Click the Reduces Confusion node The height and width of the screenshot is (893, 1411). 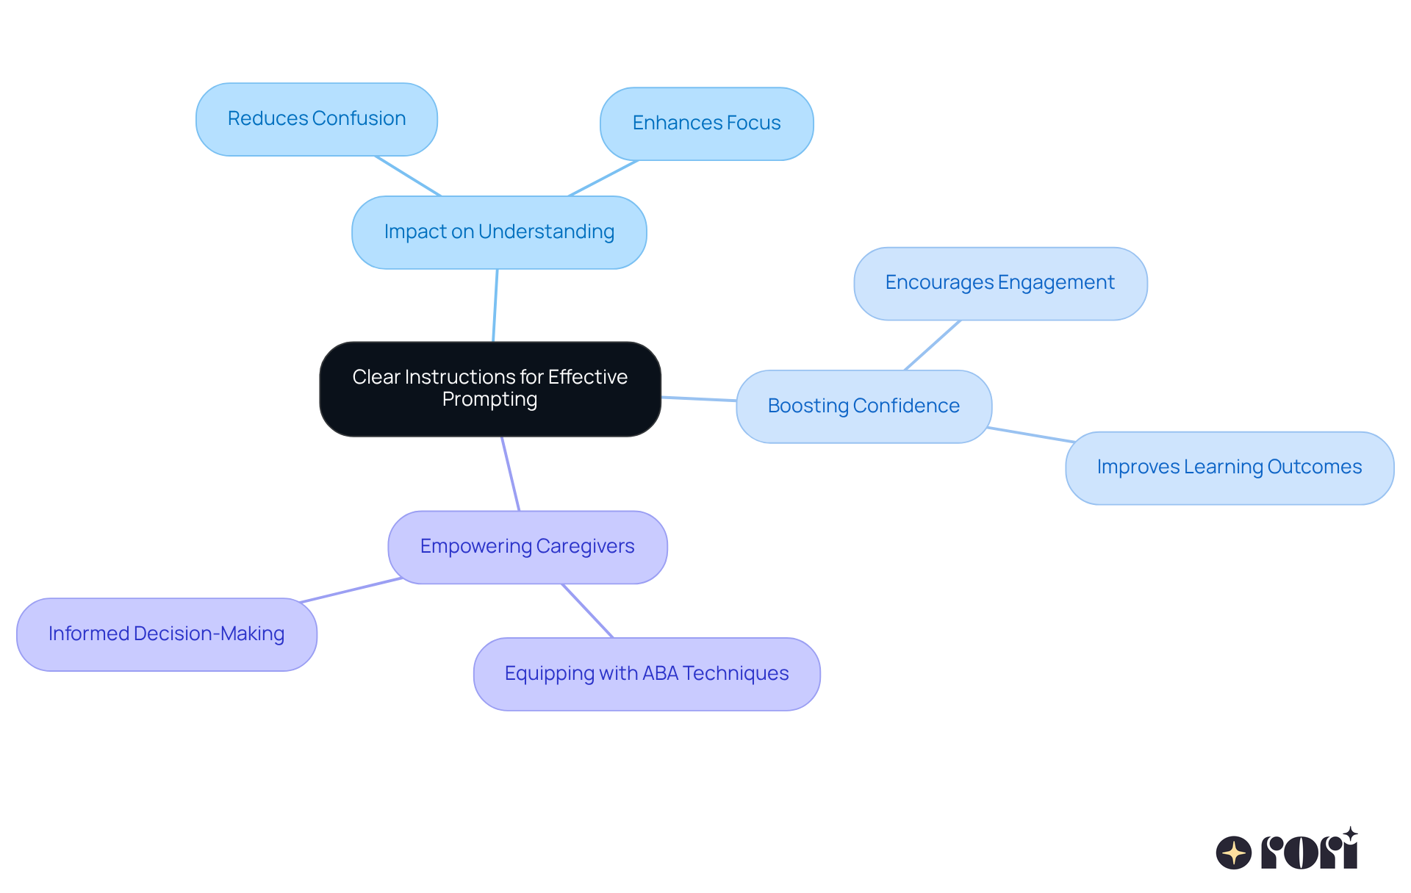317,119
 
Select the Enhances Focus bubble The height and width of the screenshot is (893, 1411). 706,123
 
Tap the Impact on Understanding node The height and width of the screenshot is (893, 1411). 499,232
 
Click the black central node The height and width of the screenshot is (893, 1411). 490,389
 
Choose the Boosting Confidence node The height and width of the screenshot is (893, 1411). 864,406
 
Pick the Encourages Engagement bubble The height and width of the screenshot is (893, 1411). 999,283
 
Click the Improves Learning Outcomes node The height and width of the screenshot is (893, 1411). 1229,467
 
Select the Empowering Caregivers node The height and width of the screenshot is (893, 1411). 527,547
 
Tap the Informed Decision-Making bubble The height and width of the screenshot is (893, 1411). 167,634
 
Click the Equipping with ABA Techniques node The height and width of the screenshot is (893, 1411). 647,674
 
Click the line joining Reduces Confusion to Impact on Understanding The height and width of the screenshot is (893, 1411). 408,176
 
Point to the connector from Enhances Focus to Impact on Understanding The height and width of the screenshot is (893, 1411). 603,178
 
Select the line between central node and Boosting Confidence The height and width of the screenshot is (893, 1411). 698,399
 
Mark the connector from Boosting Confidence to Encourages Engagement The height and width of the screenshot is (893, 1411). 933,345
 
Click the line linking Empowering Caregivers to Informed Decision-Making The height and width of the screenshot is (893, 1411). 351,590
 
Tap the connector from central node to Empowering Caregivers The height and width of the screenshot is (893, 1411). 511,474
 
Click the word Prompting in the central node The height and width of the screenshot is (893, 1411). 489,399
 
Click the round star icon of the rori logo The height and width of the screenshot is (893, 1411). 1233,853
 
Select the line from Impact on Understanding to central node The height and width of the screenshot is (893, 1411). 495,305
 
